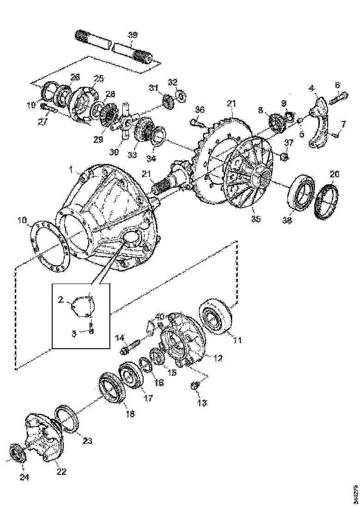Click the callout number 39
(x=133, y=35)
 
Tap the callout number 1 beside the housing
(x=71, y=170)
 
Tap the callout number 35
(x=256, y=218)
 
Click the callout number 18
(x=130, y=414)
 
